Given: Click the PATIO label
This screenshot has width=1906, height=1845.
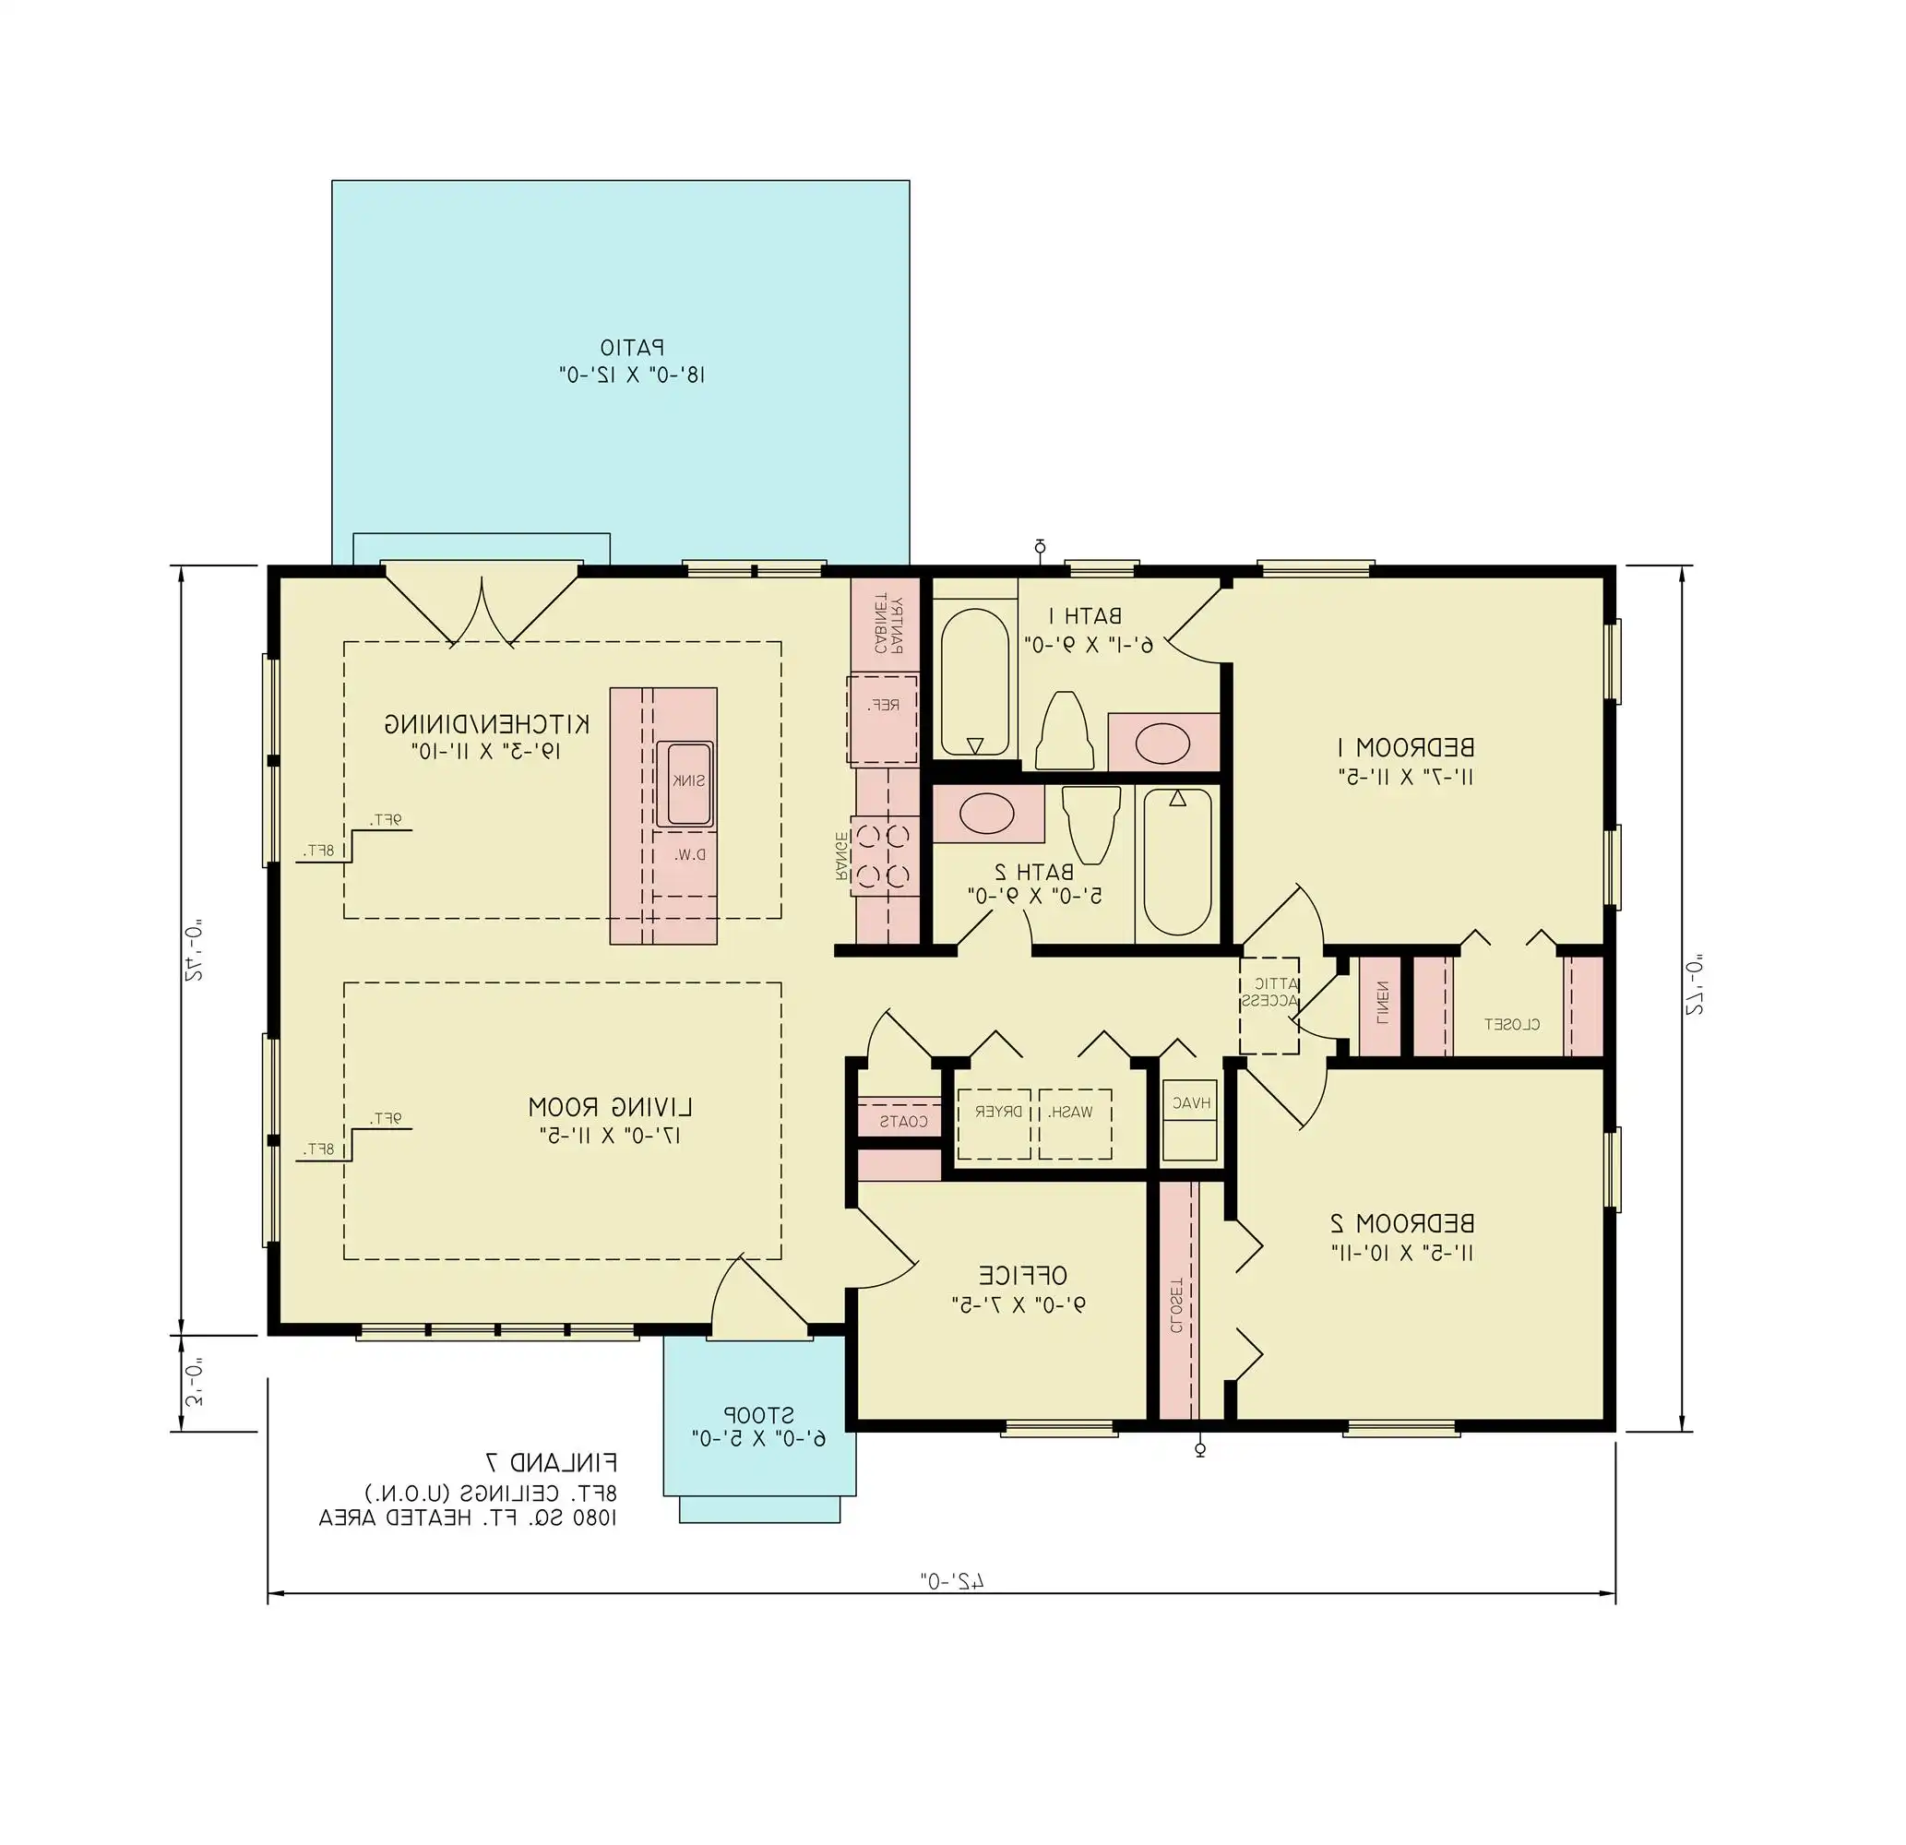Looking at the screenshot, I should tap(631, 347).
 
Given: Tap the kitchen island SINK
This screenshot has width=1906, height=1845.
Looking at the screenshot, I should tap(685, 784).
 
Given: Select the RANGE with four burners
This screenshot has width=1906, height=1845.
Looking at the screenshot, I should tap(884, 857).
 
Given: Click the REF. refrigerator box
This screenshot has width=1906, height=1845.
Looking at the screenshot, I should tap(883, 719).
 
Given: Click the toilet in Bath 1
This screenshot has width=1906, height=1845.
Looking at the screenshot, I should tap(1063, 731).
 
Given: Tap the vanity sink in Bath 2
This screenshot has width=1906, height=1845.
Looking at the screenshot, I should tap(987, 813).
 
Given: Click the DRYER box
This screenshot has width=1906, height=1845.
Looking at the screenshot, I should tap(994, 1125).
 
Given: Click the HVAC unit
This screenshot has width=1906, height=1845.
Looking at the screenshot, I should tap(1190, 1103).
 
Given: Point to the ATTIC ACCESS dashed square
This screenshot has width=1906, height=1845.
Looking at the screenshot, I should tap(1269, 1006).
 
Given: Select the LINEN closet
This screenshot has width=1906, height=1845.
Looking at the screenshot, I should tap(1379, 1006).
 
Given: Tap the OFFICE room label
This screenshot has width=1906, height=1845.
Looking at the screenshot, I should tap(1022, 1275).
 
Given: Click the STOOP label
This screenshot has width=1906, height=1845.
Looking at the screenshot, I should tap(758, 1414).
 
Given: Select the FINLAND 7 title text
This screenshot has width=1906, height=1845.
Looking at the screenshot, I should tap(552, 1463).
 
